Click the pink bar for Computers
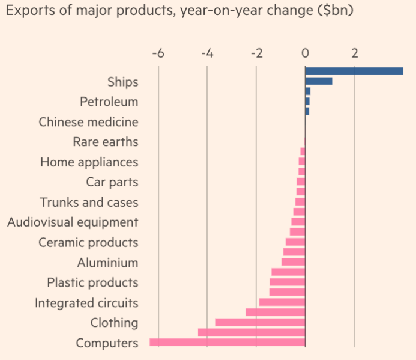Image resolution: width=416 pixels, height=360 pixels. coord(228,343)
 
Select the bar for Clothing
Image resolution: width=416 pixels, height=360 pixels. coord(260,322)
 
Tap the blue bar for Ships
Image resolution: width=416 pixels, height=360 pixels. coord(318,81)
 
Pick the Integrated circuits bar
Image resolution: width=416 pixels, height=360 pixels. coord(282,302)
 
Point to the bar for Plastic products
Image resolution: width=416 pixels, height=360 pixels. coord(288,282)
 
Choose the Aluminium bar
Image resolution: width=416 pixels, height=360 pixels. coord(293,262)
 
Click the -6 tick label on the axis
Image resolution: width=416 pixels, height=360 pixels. coord(158,53)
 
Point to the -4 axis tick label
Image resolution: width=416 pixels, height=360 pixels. coord(207,53)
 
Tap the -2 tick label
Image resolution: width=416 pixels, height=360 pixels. coord(256,53)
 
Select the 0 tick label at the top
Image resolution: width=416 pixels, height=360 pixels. coord(306,53)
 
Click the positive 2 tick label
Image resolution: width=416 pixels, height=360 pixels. coord(355,53)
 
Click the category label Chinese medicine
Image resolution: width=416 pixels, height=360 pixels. coord(88,122)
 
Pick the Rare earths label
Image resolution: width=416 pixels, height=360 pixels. coord(105,142)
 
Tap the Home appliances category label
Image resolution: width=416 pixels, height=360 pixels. coord(89,162)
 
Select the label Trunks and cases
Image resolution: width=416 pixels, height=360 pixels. coord(89,203)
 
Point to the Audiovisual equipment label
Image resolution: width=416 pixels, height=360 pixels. coord(73,222)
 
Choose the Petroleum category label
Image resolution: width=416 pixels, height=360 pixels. coord(109,102)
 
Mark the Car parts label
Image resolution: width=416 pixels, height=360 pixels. coord(112,182)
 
